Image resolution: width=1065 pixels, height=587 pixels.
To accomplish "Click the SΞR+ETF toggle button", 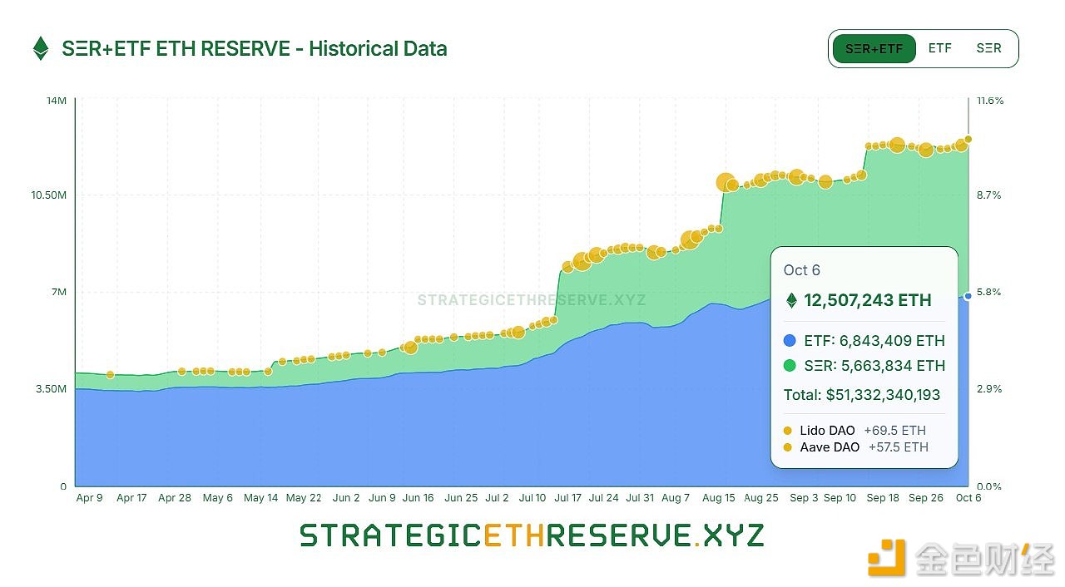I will (x=874, y=49).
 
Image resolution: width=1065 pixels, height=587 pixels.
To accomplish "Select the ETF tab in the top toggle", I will (x=939, y=48).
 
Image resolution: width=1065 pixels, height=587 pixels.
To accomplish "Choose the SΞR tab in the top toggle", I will (x=988, y=48).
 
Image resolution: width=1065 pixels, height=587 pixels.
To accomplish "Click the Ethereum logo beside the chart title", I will (x=40, y=49).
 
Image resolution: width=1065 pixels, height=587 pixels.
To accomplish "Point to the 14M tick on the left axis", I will (x=57, y=101).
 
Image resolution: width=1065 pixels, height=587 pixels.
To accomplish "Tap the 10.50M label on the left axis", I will (x=49, y=195).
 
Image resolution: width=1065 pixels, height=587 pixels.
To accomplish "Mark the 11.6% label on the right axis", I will (x=990, y=101).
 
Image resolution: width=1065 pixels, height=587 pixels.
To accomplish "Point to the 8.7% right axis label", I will (x=988, y=195).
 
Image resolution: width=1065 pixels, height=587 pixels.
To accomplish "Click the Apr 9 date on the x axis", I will (x=89, y=498).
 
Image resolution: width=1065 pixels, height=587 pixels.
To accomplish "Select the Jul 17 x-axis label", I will (x=568, y=498).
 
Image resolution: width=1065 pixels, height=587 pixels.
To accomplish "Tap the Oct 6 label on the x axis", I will (x=968, y=498).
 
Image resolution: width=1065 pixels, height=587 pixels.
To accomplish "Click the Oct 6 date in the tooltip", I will (x=802, y=270).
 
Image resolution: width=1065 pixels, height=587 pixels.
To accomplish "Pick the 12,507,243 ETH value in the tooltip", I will (x=867, y=300).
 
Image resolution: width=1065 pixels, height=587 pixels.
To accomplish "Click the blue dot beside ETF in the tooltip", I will (x=790, y=341).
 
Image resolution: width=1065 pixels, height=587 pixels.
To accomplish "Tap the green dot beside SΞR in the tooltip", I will (x=790, y=366).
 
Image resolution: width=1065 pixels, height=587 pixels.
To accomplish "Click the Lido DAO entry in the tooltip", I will (x=827, y=431).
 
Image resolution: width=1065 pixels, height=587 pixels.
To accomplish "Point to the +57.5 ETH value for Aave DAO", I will (x=898, y=447).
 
